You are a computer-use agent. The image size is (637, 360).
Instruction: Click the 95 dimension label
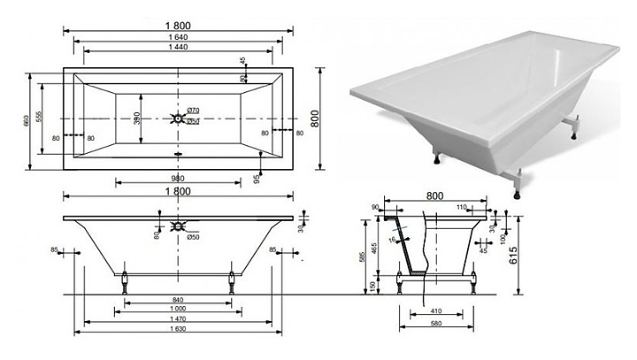[x=257, y=178]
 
